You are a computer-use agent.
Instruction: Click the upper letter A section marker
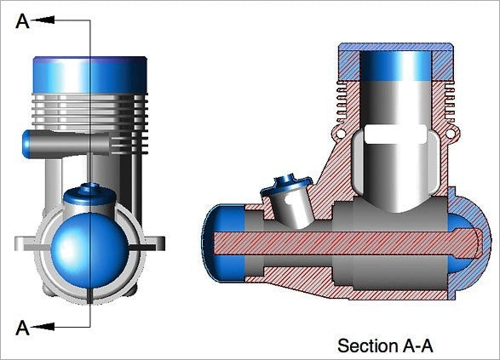coord(22,21)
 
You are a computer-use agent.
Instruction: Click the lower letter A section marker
coord(22,328)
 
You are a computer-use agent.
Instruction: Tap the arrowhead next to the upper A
coord(43,20)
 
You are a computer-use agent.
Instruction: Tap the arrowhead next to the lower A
coord(43,327)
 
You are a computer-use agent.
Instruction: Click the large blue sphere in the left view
coord(90,250)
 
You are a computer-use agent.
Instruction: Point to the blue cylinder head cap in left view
coord(90,75)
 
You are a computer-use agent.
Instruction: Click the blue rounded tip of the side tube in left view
coord(26,144)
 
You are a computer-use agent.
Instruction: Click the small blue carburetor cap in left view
coord(90,192)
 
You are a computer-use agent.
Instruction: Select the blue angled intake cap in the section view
coord(285,185)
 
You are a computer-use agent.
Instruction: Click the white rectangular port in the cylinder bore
coord(395,134)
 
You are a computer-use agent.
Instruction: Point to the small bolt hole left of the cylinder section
coord(341,133)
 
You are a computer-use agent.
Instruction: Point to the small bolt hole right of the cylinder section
coord(450,133)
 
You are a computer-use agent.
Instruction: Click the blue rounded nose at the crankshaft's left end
coord(223,243)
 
